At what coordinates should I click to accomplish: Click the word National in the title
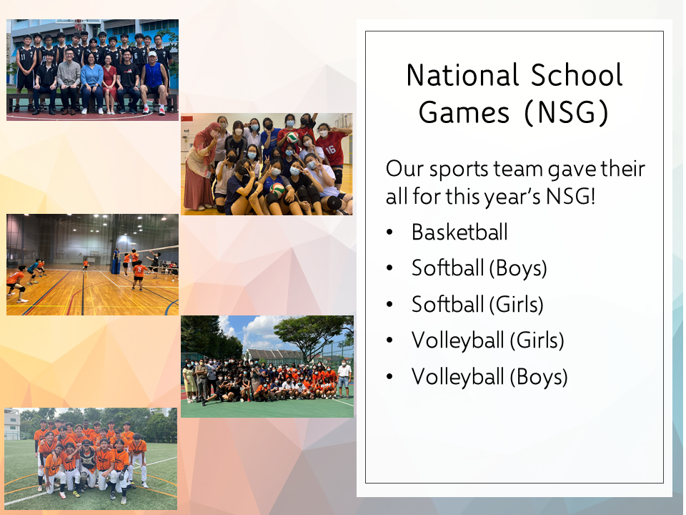[x=462, y=75]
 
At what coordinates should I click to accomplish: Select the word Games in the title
[x=464, y=112]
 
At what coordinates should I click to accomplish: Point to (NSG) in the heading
[x=567, y=113]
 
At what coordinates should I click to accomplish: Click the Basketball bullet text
[x=459, y=232]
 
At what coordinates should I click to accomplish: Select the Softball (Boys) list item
[x=479, y=268]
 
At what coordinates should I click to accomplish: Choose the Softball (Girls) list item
[x=477, y=305]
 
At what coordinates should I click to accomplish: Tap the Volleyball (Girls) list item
[x=488, y=340]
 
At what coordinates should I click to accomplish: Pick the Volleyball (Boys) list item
[x=489, y=377]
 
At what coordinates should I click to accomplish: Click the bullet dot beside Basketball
[x=390, y=232]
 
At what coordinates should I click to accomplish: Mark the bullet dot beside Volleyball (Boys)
[x=390, y=377]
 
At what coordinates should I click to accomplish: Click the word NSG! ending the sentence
[x=571, y=196]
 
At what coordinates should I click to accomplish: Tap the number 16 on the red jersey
[x=330, y=149]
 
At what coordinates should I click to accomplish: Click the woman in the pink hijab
[x=200, y=167]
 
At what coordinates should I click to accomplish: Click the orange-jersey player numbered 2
[x=139, y=275]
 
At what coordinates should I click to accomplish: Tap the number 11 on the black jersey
[x=23, y=56]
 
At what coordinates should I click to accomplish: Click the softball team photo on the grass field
[x=91, y=458]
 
